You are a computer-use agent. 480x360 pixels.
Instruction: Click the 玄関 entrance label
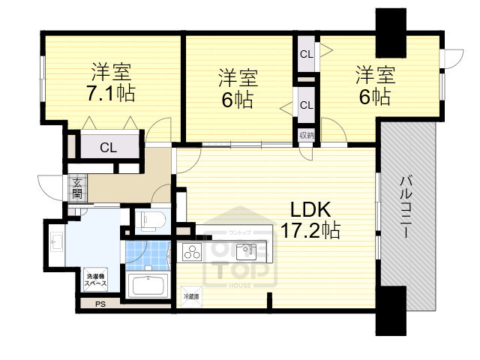pyautogui.click(x=78, y=187)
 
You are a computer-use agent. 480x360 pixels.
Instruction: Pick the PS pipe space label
pyautogui.click(x=100, y=304)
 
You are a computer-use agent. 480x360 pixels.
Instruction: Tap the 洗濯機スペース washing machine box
pyautogui.click(x=95, y=279)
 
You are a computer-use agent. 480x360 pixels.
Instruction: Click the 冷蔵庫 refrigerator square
pyautogui.click(x=191, y=295)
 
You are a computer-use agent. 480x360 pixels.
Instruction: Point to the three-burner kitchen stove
pyautogui.click(x=193, y=251)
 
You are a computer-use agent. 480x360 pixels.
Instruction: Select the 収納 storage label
pyautogui.click(x=306, y=136)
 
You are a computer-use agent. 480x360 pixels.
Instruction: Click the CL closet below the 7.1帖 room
pyautogui.click(x=109, y=147)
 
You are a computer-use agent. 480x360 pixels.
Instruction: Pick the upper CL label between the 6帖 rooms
pyautogui.click(x=306, y=54)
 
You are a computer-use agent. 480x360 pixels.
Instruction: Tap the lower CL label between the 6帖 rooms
pyautogui.click(x=306, y=105)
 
